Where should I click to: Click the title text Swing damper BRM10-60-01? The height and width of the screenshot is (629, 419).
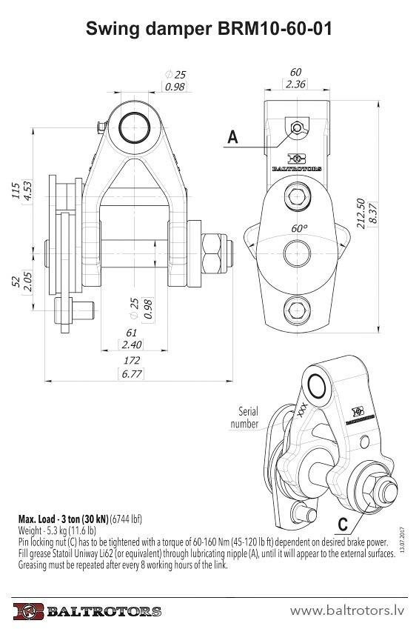209,29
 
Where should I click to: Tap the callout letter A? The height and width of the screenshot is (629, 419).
232,137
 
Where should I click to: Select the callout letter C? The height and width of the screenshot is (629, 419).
343,525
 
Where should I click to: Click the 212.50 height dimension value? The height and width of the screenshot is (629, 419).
361,213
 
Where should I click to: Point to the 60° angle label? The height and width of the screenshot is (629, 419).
299,228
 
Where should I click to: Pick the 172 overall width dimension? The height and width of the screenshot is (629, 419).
132,360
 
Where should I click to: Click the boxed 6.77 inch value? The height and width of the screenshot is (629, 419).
132,374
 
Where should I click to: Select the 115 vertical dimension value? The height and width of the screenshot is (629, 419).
16,190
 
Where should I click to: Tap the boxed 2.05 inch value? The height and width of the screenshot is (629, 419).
27,282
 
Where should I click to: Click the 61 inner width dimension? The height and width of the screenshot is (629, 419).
132,333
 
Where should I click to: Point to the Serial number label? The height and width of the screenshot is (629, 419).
244,417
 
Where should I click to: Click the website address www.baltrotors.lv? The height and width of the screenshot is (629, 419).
347,610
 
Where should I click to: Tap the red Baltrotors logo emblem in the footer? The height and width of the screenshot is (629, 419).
28,611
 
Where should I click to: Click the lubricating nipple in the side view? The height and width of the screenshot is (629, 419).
297,128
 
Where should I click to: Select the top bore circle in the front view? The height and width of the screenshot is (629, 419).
134,128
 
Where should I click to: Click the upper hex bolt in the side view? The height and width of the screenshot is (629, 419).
297,196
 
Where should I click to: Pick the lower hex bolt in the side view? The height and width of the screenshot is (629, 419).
297,310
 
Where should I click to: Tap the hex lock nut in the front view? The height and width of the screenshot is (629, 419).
212,253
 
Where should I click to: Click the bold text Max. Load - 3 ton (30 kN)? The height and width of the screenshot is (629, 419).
64,519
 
